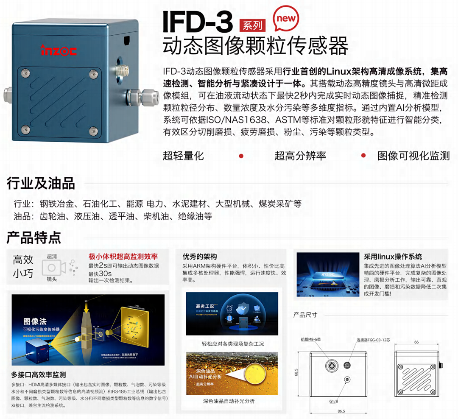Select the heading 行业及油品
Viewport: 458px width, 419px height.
(41, 184)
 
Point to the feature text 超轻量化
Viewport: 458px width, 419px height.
(183, 156)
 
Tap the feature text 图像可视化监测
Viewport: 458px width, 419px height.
(413, 156)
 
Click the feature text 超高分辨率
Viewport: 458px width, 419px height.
(300, 156)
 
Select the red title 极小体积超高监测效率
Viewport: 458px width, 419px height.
(123, 257)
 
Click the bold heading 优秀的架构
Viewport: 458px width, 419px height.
(200, 257)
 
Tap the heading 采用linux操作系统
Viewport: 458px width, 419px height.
(393, 257)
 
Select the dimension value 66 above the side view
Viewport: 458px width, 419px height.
(416, 342)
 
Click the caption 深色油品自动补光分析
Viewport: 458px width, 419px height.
(229, 401)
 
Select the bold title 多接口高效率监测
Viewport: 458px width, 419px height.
(39, 374)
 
